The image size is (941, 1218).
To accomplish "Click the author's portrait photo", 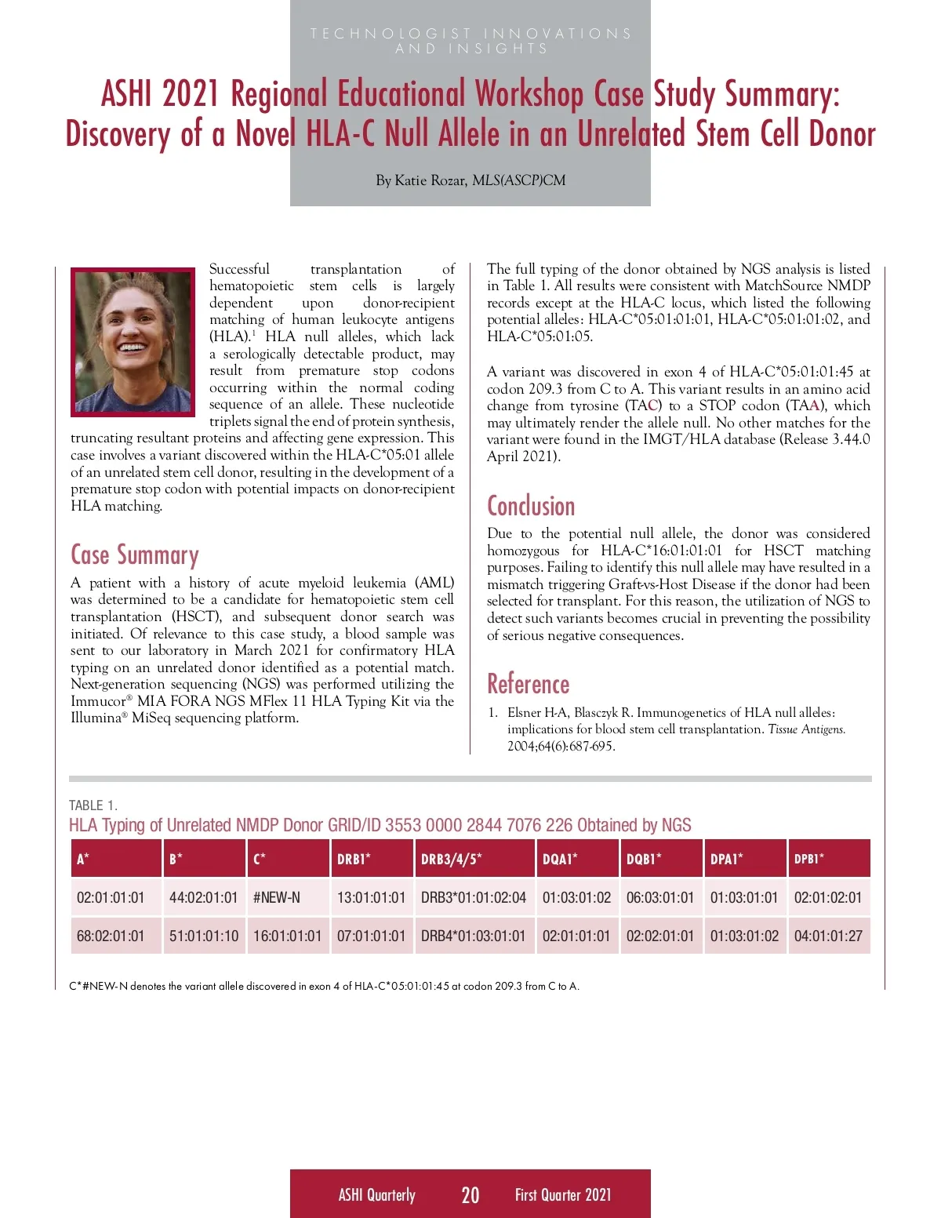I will tap(133, 342).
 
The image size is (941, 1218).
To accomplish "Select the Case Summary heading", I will tap(134, 555).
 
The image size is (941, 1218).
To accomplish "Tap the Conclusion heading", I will tap(531, 506).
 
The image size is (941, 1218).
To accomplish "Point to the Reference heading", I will tap(528, 684).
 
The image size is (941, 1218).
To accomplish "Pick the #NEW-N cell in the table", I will tap(276, 897).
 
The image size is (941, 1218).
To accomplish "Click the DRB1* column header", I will tap(354, 859).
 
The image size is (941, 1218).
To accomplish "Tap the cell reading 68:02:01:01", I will tap(111, 936).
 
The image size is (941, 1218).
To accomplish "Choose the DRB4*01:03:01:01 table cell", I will tap(473, 936).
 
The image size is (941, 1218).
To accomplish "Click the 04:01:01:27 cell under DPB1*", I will tap(827, 936).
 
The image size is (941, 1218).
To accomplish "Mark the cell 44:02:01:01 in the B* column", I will tap(203, 897).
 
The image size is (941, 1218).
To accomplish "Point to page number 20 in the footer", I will tap(470, 1194).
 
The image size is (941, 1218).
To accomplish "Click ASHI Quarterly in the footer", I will tap(376, 1194).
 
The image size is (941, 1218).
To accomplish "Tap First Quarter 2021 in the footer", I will tap(562, 1194).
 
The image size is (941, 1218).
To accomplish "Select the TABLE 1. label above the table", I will tap(93, 805).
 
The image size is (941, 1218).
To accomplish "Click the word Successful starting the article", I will tap(239, 269).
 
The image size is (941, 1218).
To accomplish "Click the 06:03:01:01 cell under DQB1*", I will tap(659, 897).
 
